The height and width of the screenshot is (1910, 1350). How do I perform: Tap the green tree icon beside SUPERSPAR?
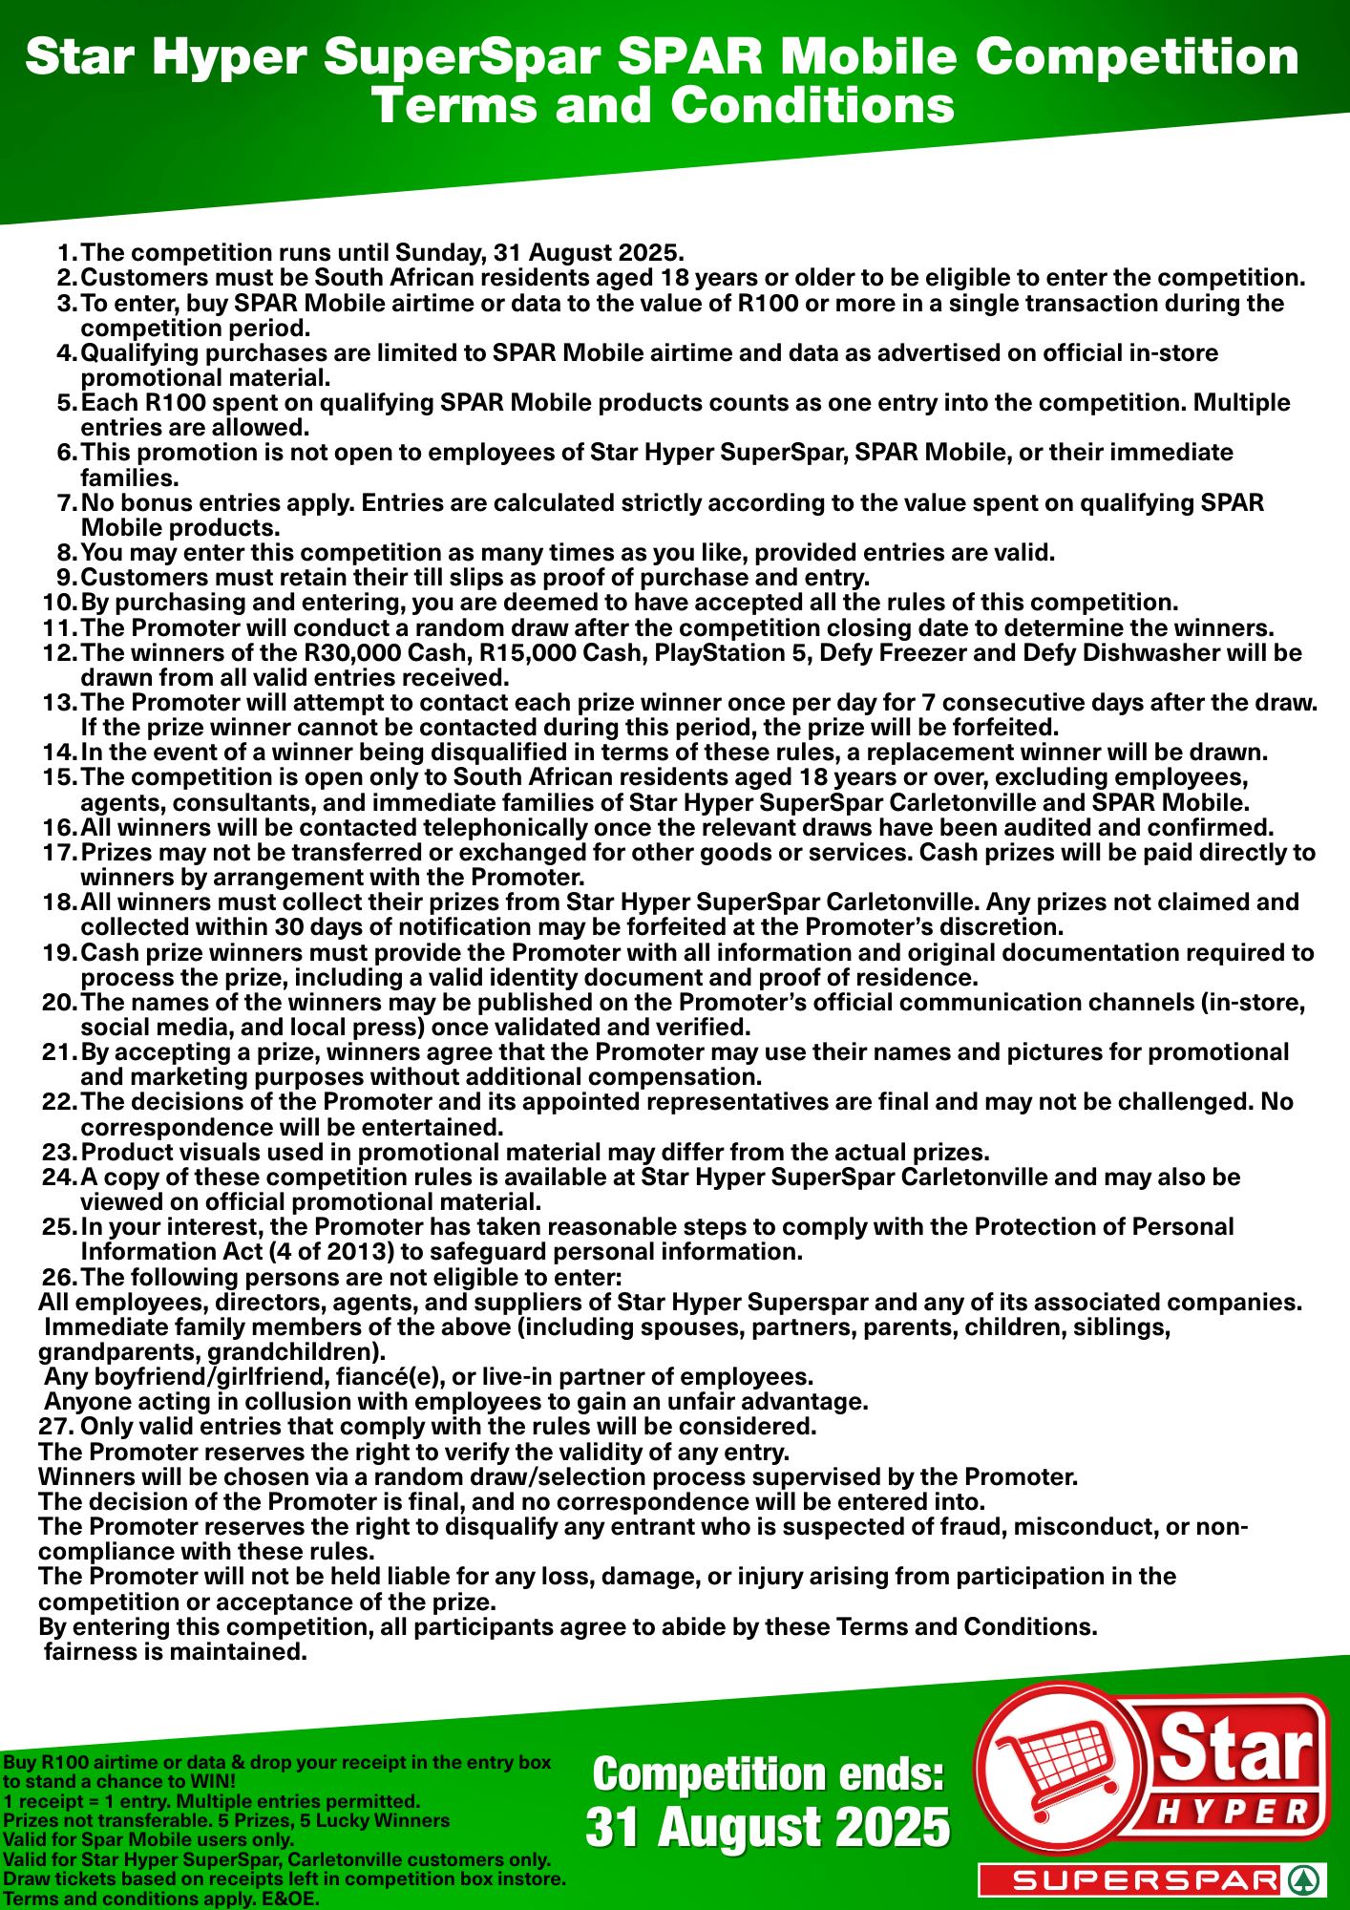pyautogui.click(x=1302, y=1880)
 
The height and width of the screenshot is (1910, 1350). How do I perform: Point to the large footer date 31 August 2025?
pyautogui.click(x=768, y=1828)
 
